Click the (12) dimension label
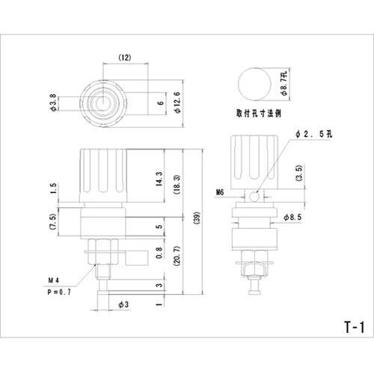pos(124,58)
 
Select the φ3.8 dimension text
pos(53,102)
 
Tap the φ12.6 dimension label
pos(177,102)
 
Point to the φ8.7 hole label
pos(284,83)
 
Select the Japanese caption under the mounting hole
pos(259,113)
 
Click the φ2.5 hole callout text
pos(314,134)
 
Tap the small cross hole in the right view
pos(254,197)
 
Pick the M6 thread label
pos(220,192)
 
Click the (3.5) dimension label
pos(299,173)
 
